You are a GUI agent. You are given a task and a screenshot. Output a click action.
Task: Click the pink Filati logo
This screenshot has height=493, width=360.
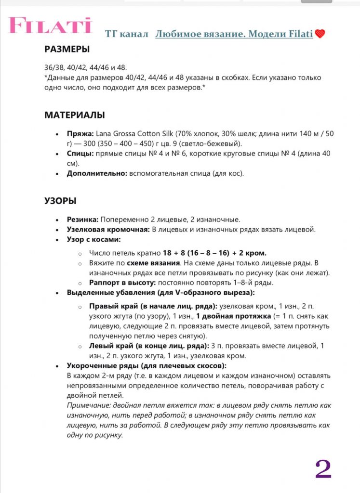tap(50, 26)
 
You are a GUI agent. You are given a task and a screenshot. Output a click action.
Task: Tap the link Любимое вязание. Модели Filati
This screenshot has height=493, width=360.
tap(234, 34)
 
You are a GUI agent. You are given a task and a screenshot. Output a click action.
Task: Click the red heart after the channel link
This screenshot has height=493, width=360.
tap(320, 34)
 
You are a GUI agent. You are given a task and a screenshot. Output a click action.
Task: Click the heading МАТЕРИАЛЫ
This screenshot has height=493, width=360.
tap(75, 115)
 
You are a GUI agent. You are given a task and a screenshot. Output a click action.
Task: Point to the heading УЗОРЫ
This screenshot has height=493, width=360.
tap(60, 201)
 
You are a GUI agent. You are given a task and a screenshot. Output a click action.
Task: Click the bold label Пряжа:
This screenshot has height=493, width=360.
tap(80, 133)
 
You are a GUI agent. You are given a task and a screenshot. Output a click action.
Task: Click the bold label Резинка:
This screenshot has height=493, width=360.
tap(82, 219)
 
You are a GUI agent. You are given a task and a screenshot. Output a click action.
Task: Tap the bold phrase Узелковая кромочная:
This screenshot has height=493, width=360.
tap(108, 229)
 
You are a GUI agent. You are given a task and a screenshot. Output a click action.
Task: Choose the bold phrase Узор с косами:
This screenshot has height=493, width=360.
tap(93, 239)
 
